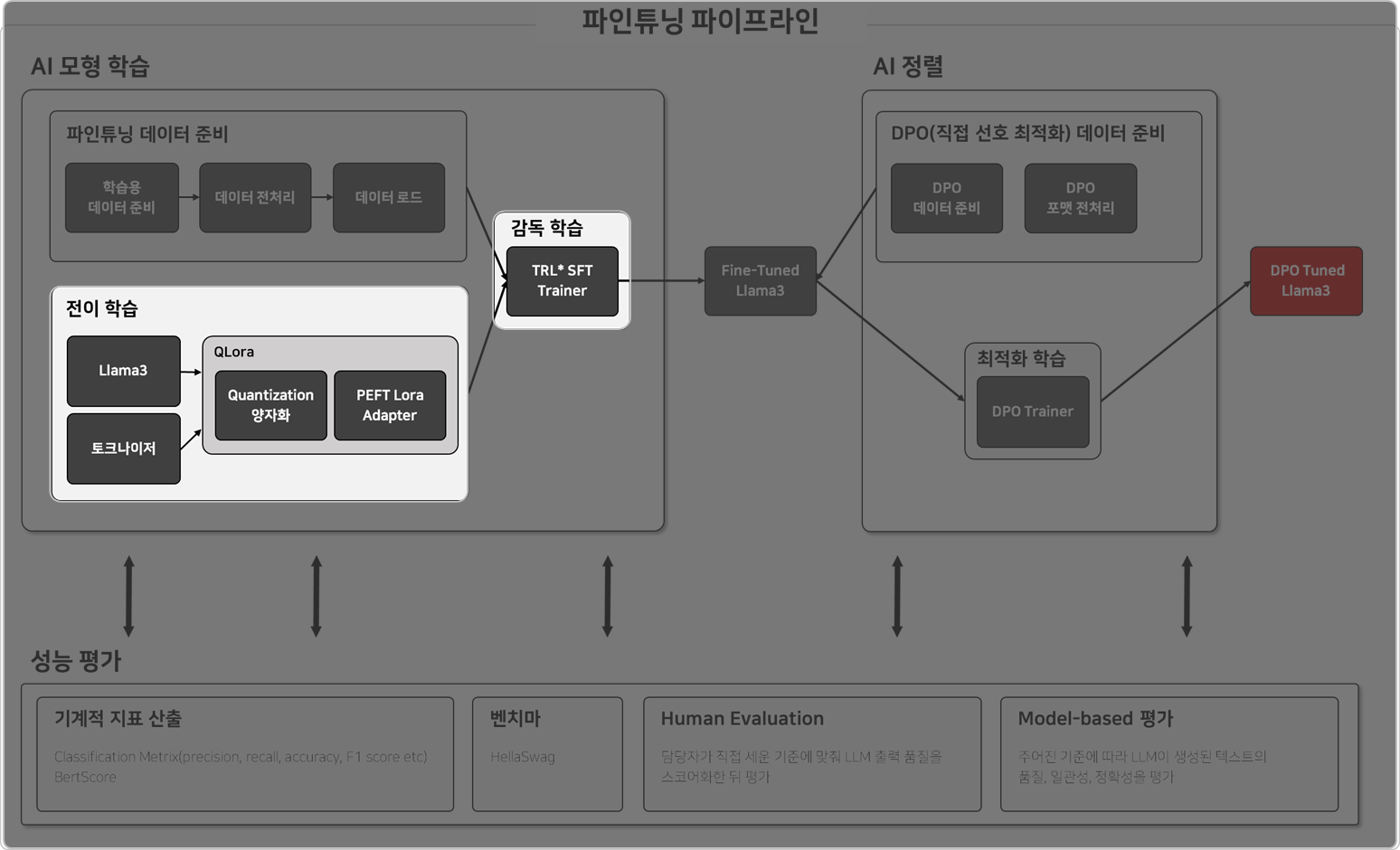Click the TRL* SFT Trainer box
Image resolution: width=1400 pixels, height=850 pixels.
[562, 281]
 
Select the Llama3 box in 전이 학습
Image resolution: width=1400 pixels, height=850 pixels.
[123, 371]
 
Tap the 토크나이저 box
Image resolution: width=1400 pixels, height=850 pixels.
[123, 449]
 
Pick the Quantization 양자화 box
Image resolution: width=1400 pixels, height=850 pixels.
[270, 405]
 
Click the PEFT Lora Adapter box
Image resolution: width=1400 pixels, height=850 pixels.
[390, 405]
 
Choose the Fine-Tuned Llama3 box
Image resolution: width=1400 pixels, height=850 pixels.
[760, 281]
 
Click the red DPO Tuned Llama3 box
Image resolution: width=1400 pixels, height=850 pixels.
[1306, 281]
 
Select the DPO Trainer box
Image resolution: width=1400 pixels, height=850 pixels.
[1032, 411]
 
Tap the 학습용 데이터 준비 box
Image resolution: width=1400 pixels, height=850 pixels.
[121, 198]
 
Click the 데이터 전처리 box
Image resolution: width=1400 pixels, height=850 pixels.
[255, 198]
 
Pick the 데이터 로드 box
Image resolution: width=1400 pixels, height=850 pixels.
[388, 198]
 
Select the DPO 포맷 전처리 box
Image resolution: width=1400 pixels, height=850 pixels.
[1080, 198]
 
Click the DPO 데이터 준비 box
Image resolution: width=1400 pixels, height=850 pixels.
[946, 198]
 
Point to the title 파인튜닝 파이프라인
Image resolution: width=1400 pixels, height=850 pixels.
[700, 21]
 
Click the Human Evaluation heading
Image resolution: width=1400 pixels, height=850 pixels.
[742, 719]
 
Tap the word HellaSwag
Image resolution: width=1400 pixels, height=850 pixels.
[523, 757]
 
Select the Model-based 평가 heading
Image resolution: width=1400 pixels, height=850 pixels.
[1095, 719]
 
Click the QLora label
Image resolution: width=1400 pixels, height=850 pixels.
[233, 352]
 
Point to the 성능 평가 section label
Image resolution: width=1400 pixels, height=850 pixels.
[76, 661]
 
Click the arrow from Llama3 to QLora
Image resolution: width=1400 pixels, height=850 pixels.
[191, 372]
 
